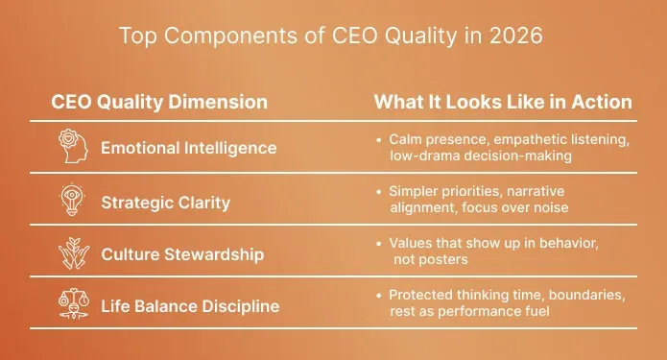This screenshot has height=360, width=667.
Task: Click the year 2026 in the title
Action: pos(519,37)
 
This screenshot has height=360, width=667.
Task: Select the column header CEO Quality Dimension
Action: pos(159,102)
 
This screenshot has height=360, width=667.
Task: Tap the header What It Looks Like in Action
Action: pos(502,102)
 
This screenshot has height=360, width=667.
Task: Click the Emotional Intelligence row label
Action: pos(189,148)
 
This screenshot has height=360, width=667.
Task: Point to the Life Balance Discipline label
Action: pos(190,306)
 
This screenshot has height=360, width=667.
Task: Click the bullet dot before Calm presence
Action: pos(379,140)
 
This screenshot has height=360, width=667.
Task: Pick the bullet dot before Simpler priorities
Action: pos(379,192)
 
